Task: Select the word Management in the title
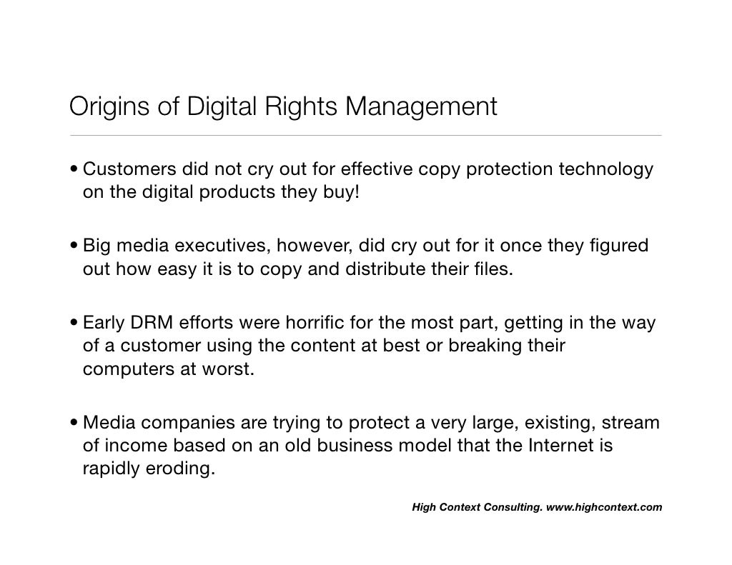click(421, 107)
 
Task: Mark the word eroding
click(180, 471)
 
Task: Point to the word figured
click(620, 246)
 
